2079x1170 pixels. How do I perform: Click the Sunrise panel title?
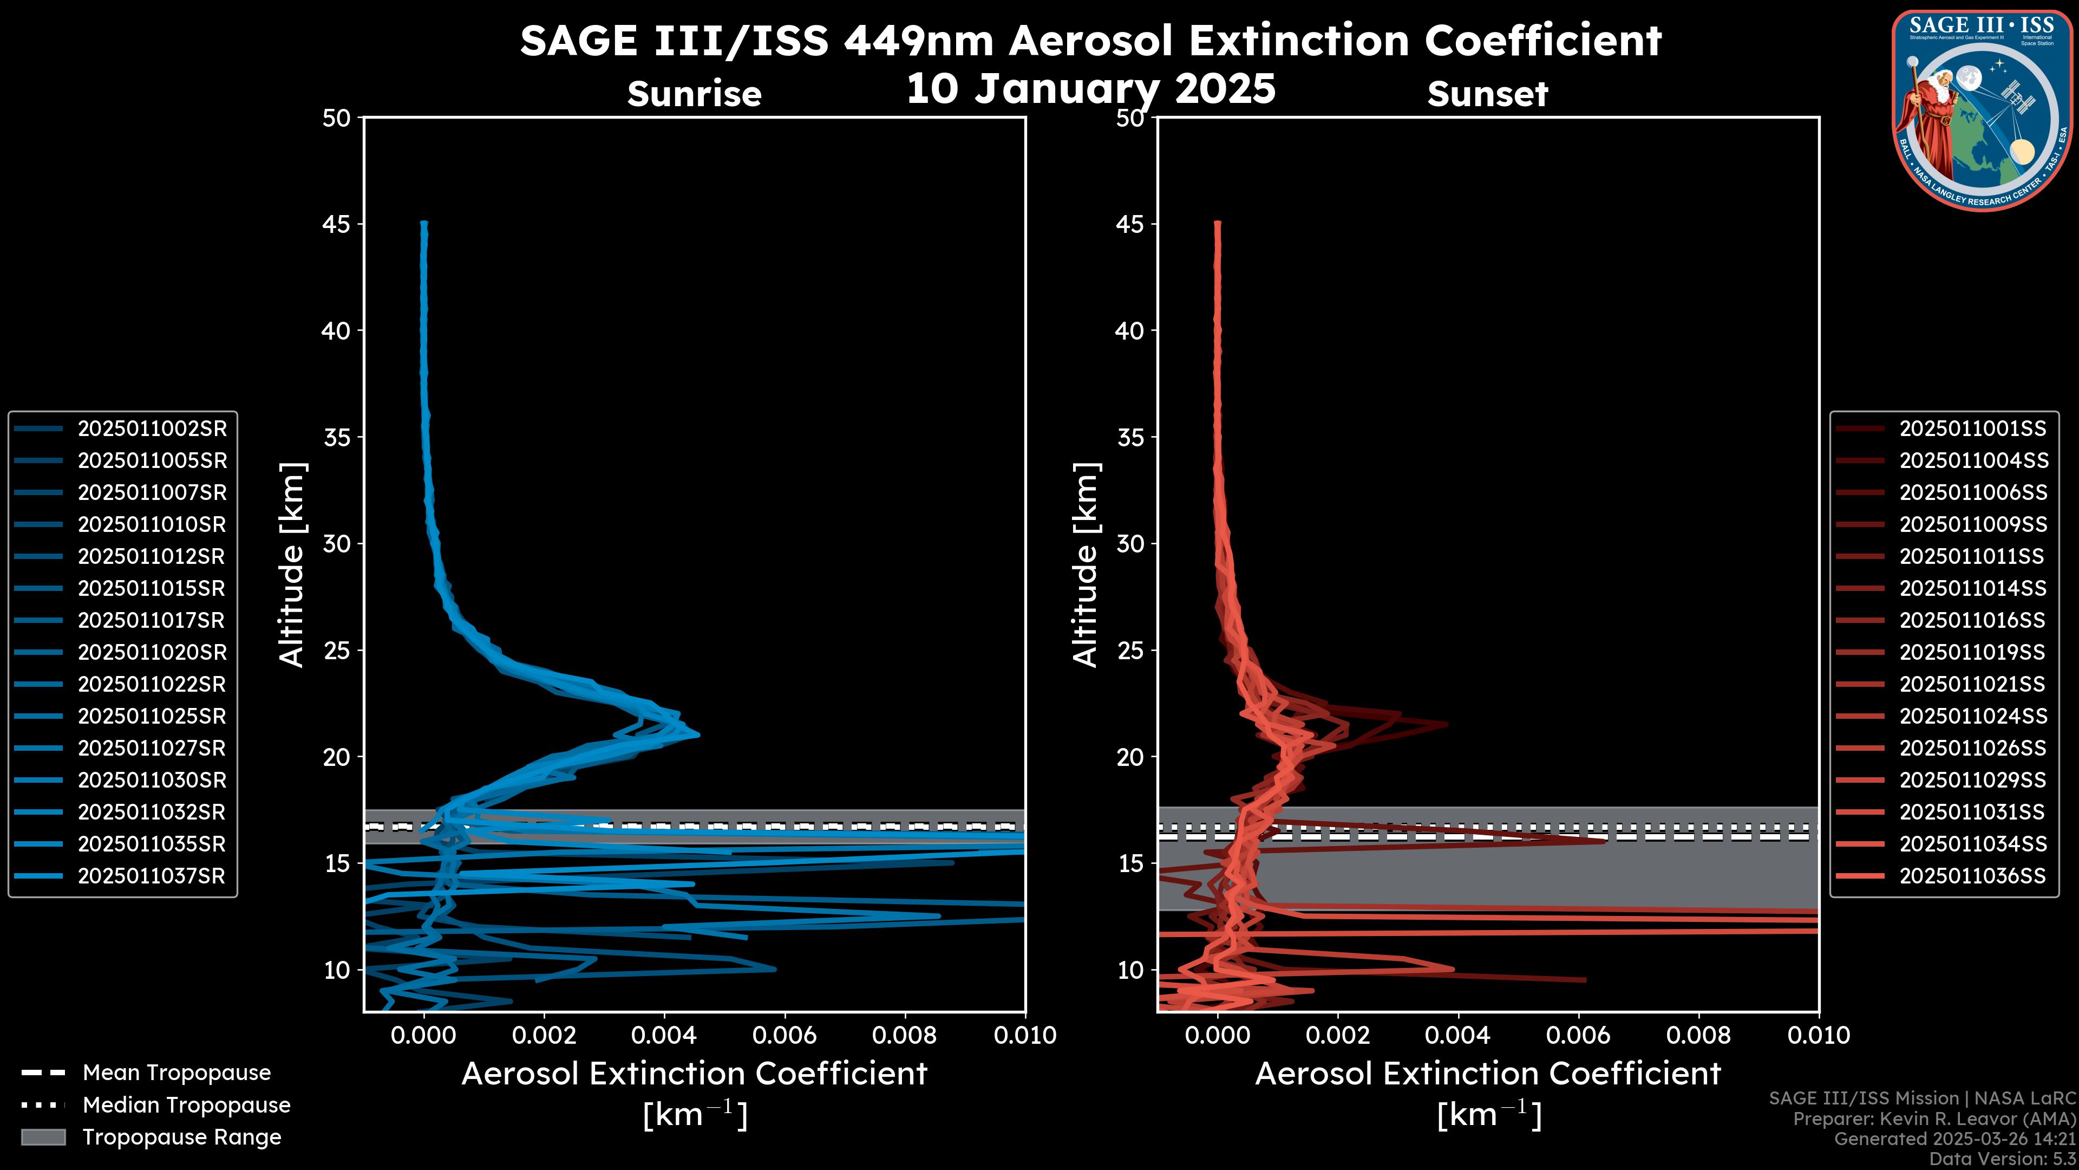pyautogui.click(x=694, y=94)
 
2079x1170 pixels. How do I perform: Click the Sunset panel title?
pyautogui.click(x=1487, y=94)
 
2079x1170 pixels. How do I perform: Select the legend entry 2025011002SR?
pyautogui.click(x=152, y=429)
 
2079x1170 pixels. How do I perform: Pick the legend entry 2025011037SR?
pyautogui.click(x=152, y=876)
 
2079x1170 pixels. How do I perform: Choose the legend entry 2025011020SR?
pyautogui.click(x=152, y=652)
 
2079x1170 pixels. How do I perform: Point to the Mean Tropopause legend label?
pyautogui.click(x=176, y=1073)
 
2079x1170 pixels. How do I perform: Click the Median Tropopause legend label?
pyautogui.click(x=186, y=1106)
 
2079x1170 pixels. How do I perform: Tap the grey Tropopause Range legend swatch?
pyautogui.click(x=43, y=1137)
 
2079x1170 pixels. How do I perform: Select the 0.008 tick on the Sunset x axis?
pyautogui.click(x=1699, y=1035)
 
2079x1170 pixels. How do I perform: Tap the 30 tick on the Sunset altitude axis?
pyautogui.click(x=1130, y=543)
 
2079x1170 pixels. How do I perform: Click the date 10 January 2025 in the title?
pyautogui.click(x=1090, y=89)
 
